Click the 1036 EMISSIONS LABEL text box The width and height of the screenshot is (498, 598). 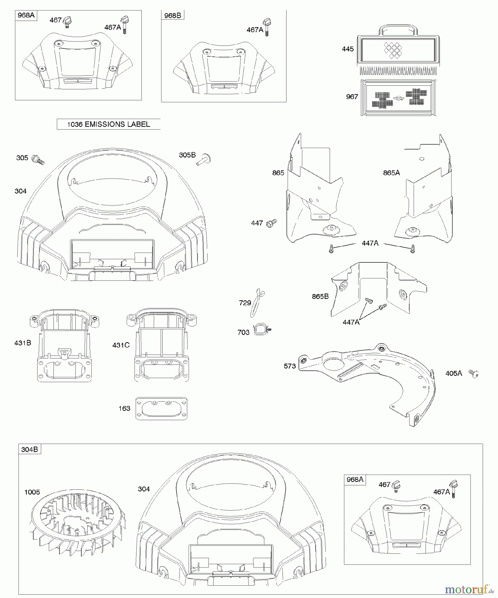pos(109,124)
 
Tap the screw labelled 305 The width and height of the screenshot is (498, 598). pos(38,160)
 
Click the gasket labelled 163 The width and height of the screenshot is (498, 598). pos(161,408)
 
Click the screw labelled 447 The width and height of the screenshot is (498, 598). pos(272,223)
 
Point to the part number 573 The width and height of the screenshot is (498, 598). pos(290,366)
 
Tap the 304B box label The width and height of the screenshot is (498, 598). pos(30,449)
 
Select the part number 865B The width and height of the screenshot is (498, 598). pos(320,296)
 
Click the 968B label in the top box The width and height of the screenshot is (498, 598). pos(173,15)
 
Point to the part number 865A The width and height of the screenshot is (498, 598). pos(391,173)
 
